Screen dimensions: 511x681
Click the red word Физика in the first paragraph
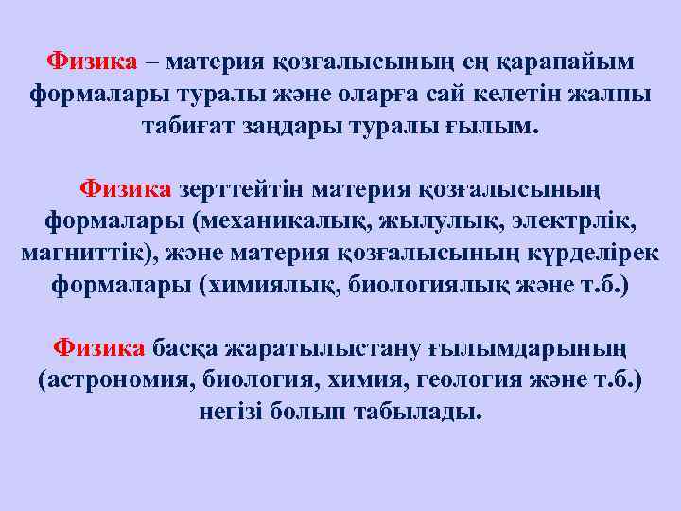(x=94, y=62)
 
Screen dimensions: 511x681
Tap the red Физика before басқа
(x=98, y=347)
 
